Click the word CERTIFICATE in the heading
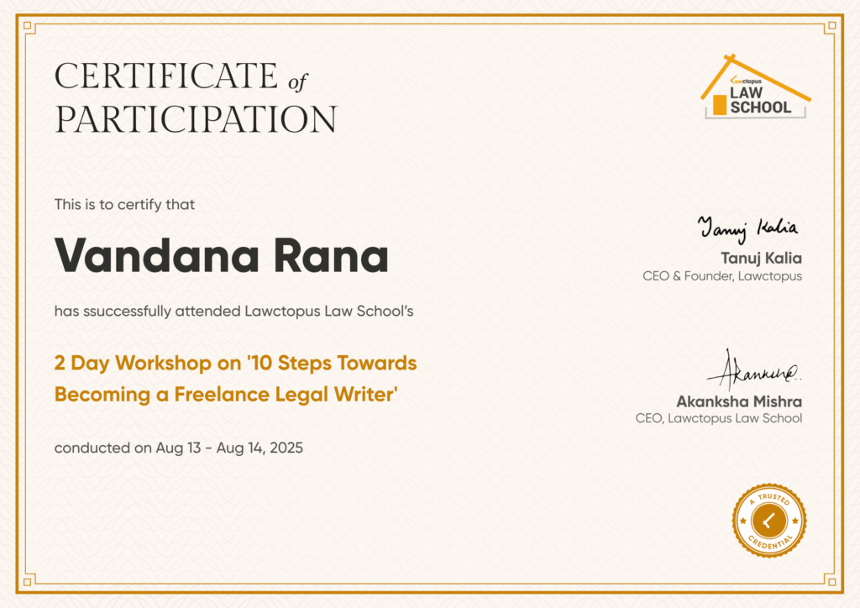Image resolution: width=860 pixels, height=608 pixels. pyautogui.click(x=166, y=76)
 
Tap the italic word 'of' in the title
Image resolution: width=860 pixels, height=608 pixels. pyautogui.click(x=298, y=82)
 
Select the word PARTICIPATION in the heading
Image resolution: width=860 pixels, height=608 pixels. pyautogui.click(x=196, y=119)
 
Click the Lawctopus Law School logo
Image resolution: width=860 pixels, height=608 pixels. pyautogui.click(x=755, y=86)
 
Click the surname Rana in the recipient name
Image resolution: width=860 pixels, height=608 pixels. pyautogui.click(x=331, y=255)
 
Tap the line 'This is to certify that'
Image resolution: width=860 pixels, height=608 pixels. pyautogui.click(x=124, y=205)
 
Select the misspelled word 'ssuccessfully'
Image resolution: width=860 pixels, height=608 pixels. pyautogui.click(x=128, y=312)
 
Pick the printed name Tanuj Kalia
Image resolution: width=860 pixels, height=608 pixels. pyautogui.click(x=761, y=258)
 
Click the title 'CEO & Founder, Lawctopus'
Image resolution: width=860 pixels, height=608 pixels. pyautogui.click(x=722, y=275)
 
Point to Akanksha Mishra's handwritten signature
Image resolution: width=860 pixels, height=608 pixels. pyautogui.click(x=754, y=370)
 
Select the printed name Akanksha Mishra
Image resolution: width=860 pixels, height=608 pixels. pyautogui.click(x=739, y=401)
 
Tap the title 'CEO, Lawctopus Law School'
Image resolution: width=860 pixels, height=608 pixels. pyautogui.click(x=719, y=418)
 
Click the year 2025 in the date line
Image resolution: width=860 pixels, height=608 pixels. pyautogui.click(x=286, y=448)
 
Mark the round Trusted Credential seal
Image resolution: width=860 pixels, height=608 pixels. pyautogui.click(x=769, y=521)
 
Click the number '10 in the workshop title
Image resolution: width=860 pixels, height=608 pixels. pyautogui.click(x=260, y=363)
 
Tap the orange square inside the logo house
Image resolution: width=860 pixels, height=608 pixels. pyautogui.click(x=720, y=105)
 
